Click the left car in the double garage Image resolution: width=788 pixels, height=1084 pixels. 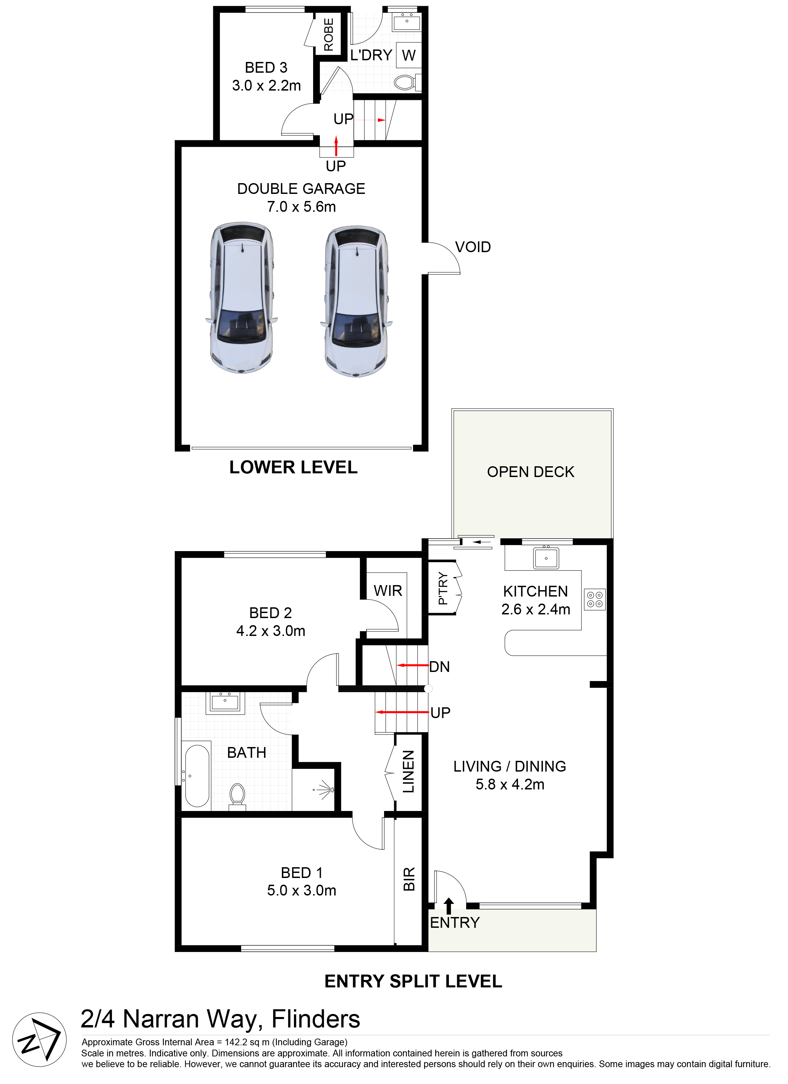coord(242,297)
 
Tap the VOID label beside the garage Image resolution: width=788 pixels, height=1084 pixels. coord(473,247)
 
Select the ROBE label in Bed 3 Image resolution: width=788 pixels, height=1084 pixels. coord(329,34)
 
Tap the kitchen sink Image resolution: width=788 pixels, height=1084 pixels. coord(546,557)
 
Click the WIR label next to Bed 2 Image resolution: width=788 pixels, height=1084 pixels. coord(388,591)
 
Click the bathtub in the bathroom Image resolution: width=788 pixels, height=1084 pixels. coord(197,774)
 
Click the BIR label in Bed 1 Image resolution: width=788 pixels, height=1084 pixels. coord(409,879)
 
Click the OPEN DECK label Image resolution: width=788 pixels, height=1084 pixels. coord(531,472)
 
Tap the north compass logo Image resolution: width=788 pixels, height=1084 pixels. coord(39,1040)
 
